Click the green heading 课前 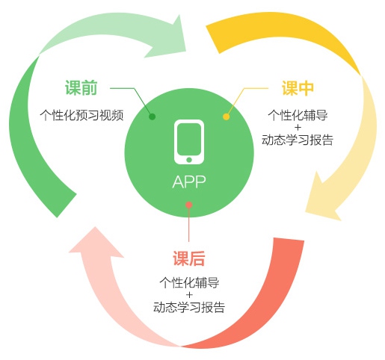click(x=81, y=87)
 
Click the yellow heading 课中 click(x=298, y=88)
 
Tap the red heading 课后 click(x=189, y=258)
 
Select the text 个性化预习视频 click(x=81, y=115)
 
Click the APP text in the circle click(x=189, y=181)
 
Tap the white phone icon click(x=189, y=142)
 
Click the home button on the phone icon click(x=189, y=160)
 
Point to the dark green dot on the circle click(x=152, y=117)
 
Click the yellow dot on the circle click(x=227, y=117)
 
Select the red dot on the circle click(x=189, y=205)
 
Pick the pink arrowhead click(x=96, y=243)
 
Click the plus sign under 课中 click(x=298, y=128)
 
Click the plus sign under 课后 click(x=189, y=295)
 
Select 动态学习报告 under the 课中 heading click(x=298, y=140)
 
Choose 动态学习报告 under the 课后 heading click(x=189, y=307)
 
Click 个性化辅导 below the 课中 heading click(x=298, y=115)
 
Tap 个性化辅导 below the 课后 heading click(x=189, y=283)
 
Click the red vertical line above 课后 click(x=189, y=225)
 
